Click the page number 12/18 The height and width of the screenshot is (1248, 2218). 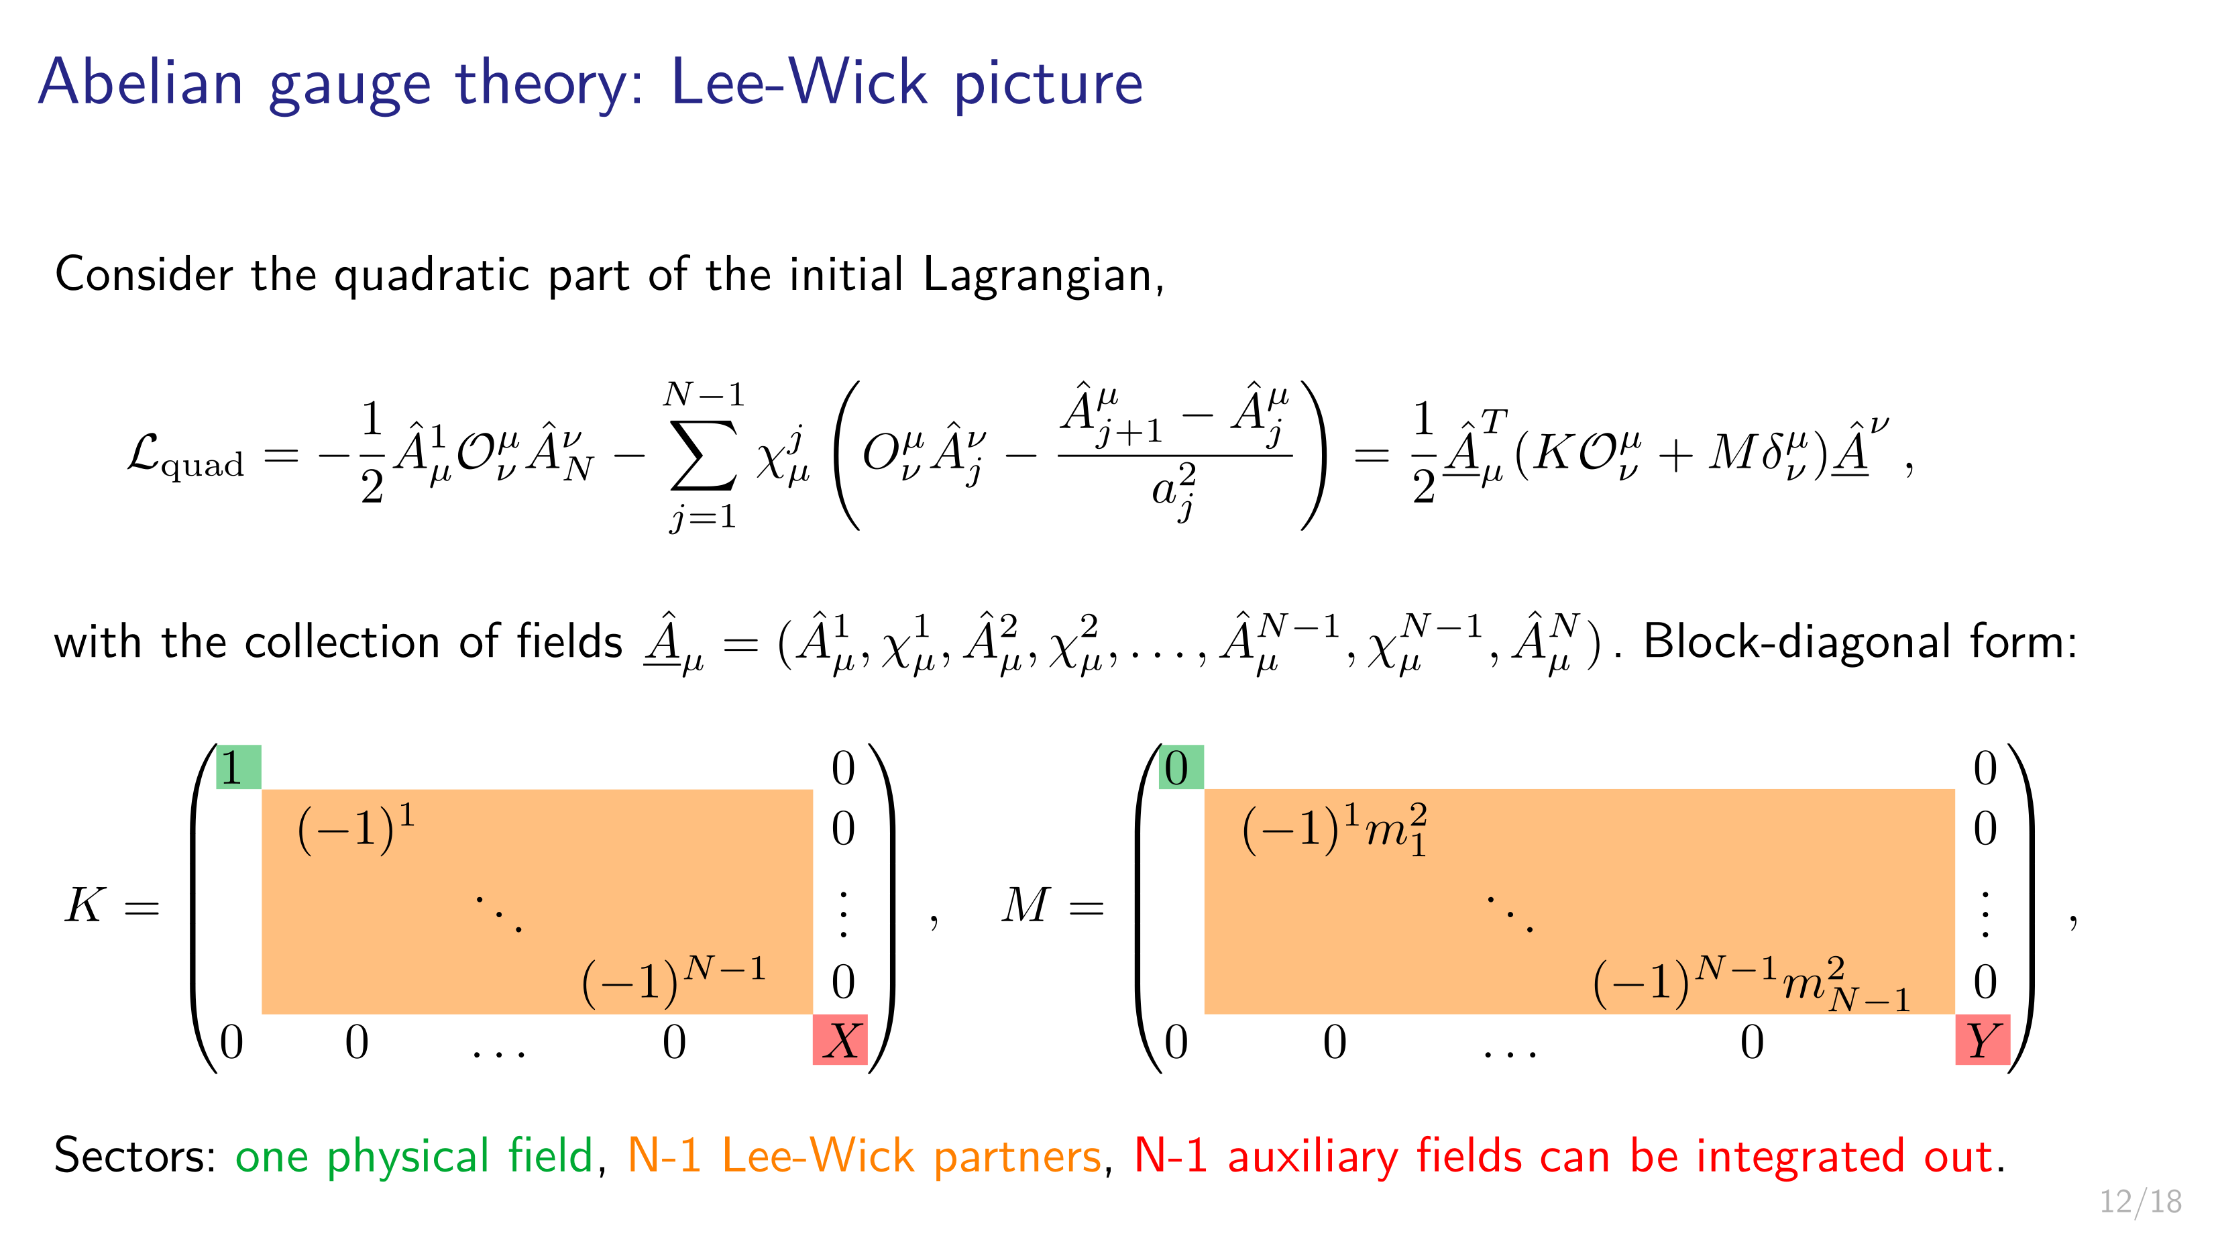tap(2140, 1200)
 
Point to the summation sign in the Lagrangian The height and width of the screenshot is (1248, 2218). tap(704, 454)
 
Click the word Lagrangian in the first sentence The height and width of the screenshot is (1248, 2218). tap(1044, 276)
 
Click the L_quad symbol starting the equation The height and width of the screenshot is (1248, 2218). tap(185, 456)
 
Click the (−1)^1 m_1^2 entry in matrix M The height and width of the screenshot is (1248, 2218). tap(1335, 829)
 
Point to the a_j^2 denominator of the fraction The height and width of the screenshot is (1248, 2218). tap(1174, 492)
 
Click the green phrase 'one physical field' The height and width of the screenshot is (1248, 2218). tap(414, 1156)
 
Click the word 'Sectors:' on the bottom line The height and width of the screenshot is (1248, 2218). tap(135, 1156)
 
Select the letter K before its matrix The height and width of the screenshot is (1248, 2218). tap(85, 905)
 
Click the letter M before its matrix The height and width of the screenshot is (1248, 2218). tap(1025, 905)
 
